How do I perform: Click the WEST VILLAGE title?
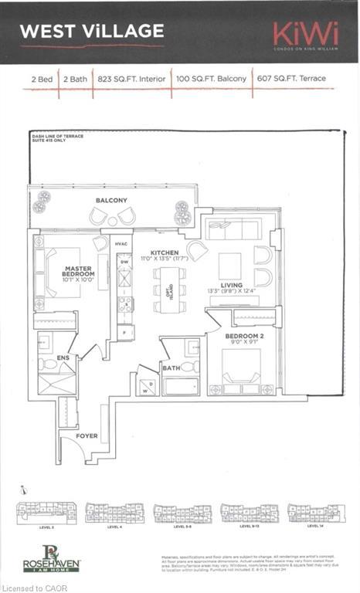point(92,32)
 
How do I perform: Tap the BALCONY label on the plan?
point(111,200)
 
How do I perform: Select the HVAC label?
point(121,244)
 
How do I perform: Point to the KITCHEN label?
point(165,252)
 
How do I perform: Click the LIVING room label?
point(236,285)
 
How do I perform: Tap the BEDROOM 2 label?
point(244,337)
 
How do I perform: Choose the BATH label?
point(171,368)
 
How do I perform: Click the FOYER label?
point(87,436)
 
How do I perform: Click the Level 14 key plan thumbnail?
point(315,513)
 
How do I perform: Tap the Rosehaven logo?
point(51,557)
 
